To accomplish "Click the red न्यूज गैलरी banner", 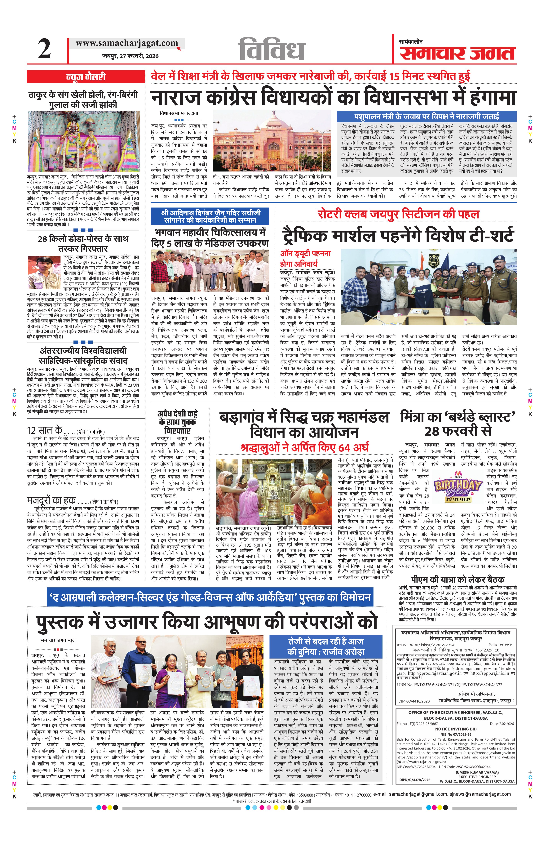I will pos(86,77).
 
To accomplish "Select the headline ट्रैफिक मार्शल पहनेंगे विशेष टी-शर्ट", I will pos(398,236).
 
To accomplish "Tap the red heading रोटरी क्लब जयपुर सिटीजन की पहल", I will pos(398,214).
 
